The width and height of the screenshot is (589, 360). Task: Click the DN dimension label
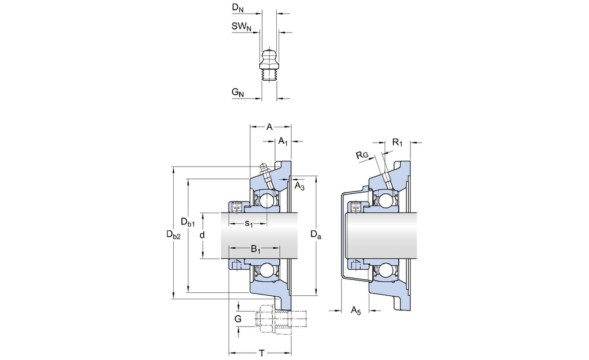pos(238,8)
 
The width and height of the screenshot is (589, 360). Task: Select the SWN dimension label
pos(241,27)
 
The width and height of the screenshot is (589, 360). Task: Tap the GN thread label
pos(238,93)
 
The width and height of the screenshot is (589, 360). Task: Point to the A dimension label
pos(269,127)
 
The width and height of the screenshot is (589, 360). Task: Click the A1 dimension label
pos(283,141)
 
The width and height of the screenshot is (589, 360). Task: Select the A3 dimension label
pos(299,186)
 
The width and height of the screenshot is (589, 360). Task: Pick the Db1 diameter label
pos(188,222)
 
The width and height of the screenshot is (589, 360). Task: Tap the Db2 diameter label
pos(174,235)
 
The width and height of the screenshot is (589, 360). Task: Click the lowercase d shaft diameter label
pos(202,235)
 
